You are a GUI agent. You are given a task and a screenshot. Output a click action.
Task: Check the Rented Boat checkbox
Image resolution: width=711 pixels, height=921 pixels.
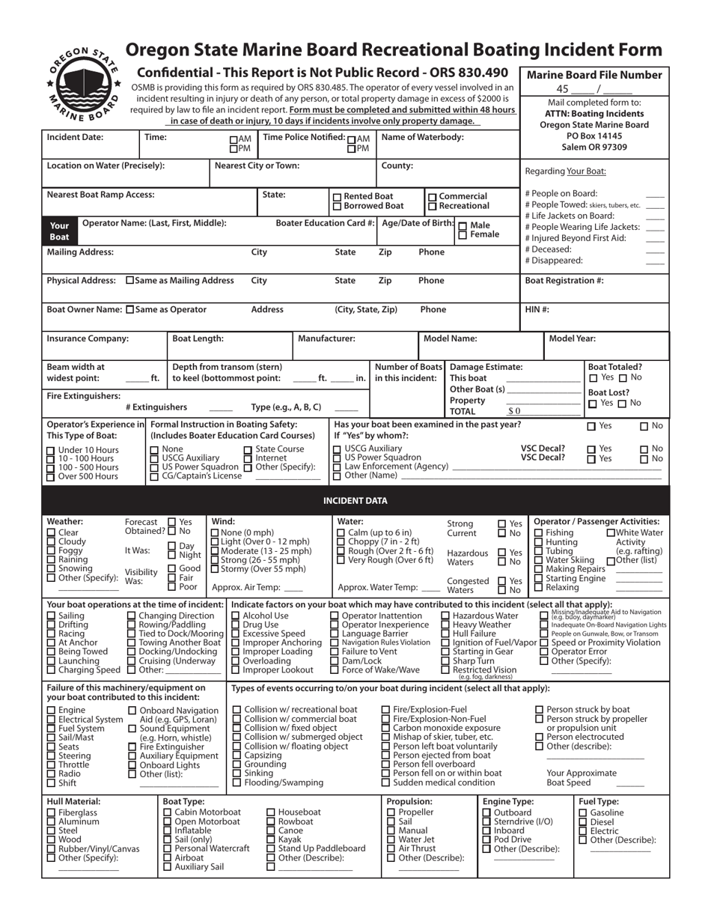pyautogui.click(x=337, y=196)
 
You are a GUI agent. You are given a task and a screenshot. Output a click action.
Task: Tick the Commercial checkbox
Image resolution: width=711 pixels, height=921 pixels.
pyautogui.click(x=433, y=196)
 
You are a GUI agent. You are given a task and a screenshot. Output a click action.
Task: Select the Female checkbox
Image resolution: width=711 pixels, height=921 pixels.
pyautogui.click(x=463, y=235)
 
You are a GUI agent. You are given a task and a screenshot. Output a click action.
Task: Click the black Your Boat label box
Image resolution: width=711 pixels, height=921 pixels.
pyautogui.click(x=59, y=231)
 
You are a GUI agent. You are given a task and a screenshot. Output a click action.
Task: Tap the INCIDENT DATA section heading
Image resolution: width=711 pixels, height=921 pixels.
pyautogui.click(x=355, y=500)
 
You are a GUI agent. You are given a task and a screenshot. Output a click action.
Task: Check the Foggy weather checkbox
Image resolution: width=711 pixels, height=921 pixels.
pyautogui.click(x=51, y=551)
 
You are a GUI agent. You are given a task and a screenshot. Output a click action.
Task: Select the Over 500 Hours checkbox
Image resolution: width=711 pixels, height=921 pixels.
pyautogui.click(x=51, y=476)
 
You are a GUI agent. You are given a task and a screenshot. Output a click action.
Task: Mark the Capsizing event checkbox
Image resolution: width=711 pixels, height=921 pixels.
pyautogui.click(x=237, y=756)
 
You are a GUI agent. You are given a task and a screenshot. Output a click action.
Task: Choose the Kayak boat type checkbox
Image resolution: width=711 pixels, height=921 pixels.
pyautogui.click(x=271, y=839)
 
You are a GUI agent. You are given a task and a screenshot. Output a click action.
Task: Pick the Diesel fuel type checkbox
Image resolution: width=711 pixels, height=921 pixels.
pyautogui.click(x=583, y=822)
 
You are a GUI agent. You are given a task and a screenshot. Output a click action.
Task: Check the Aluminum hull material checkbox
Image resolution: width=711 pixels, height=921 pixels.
pyautogui.click(x=51, y=822)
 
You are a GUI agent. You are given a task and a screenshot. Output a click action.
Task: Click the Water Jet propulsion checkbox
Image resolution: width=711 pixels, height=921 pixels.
pyautogui.click(x=391, y=839)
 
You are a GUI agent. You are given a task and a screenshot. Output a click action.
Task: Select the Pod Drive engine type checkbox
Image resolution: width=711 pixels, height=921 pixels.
pyautogui.click(x=487, y=839)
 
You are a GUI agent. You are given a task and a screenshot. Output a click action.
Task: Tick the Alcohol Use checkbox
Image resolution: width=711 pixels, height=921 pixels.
pyautogui.click(x=236, y=615)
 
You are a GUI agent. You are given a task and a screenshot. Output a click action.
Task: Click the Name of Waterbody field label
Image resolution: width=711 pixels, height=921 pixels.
pyautogui.click(x=422, y=137)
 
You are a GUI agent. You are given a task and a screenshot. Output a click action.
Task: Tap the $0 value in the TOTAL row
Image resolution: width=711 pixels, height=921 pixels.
pyautogui.click(x=513, y=411)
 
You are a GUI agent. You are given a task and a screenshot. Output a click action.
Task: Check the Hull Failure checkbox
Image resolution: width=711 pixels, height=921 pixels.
pyautogui.click(x=445, y=633)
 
